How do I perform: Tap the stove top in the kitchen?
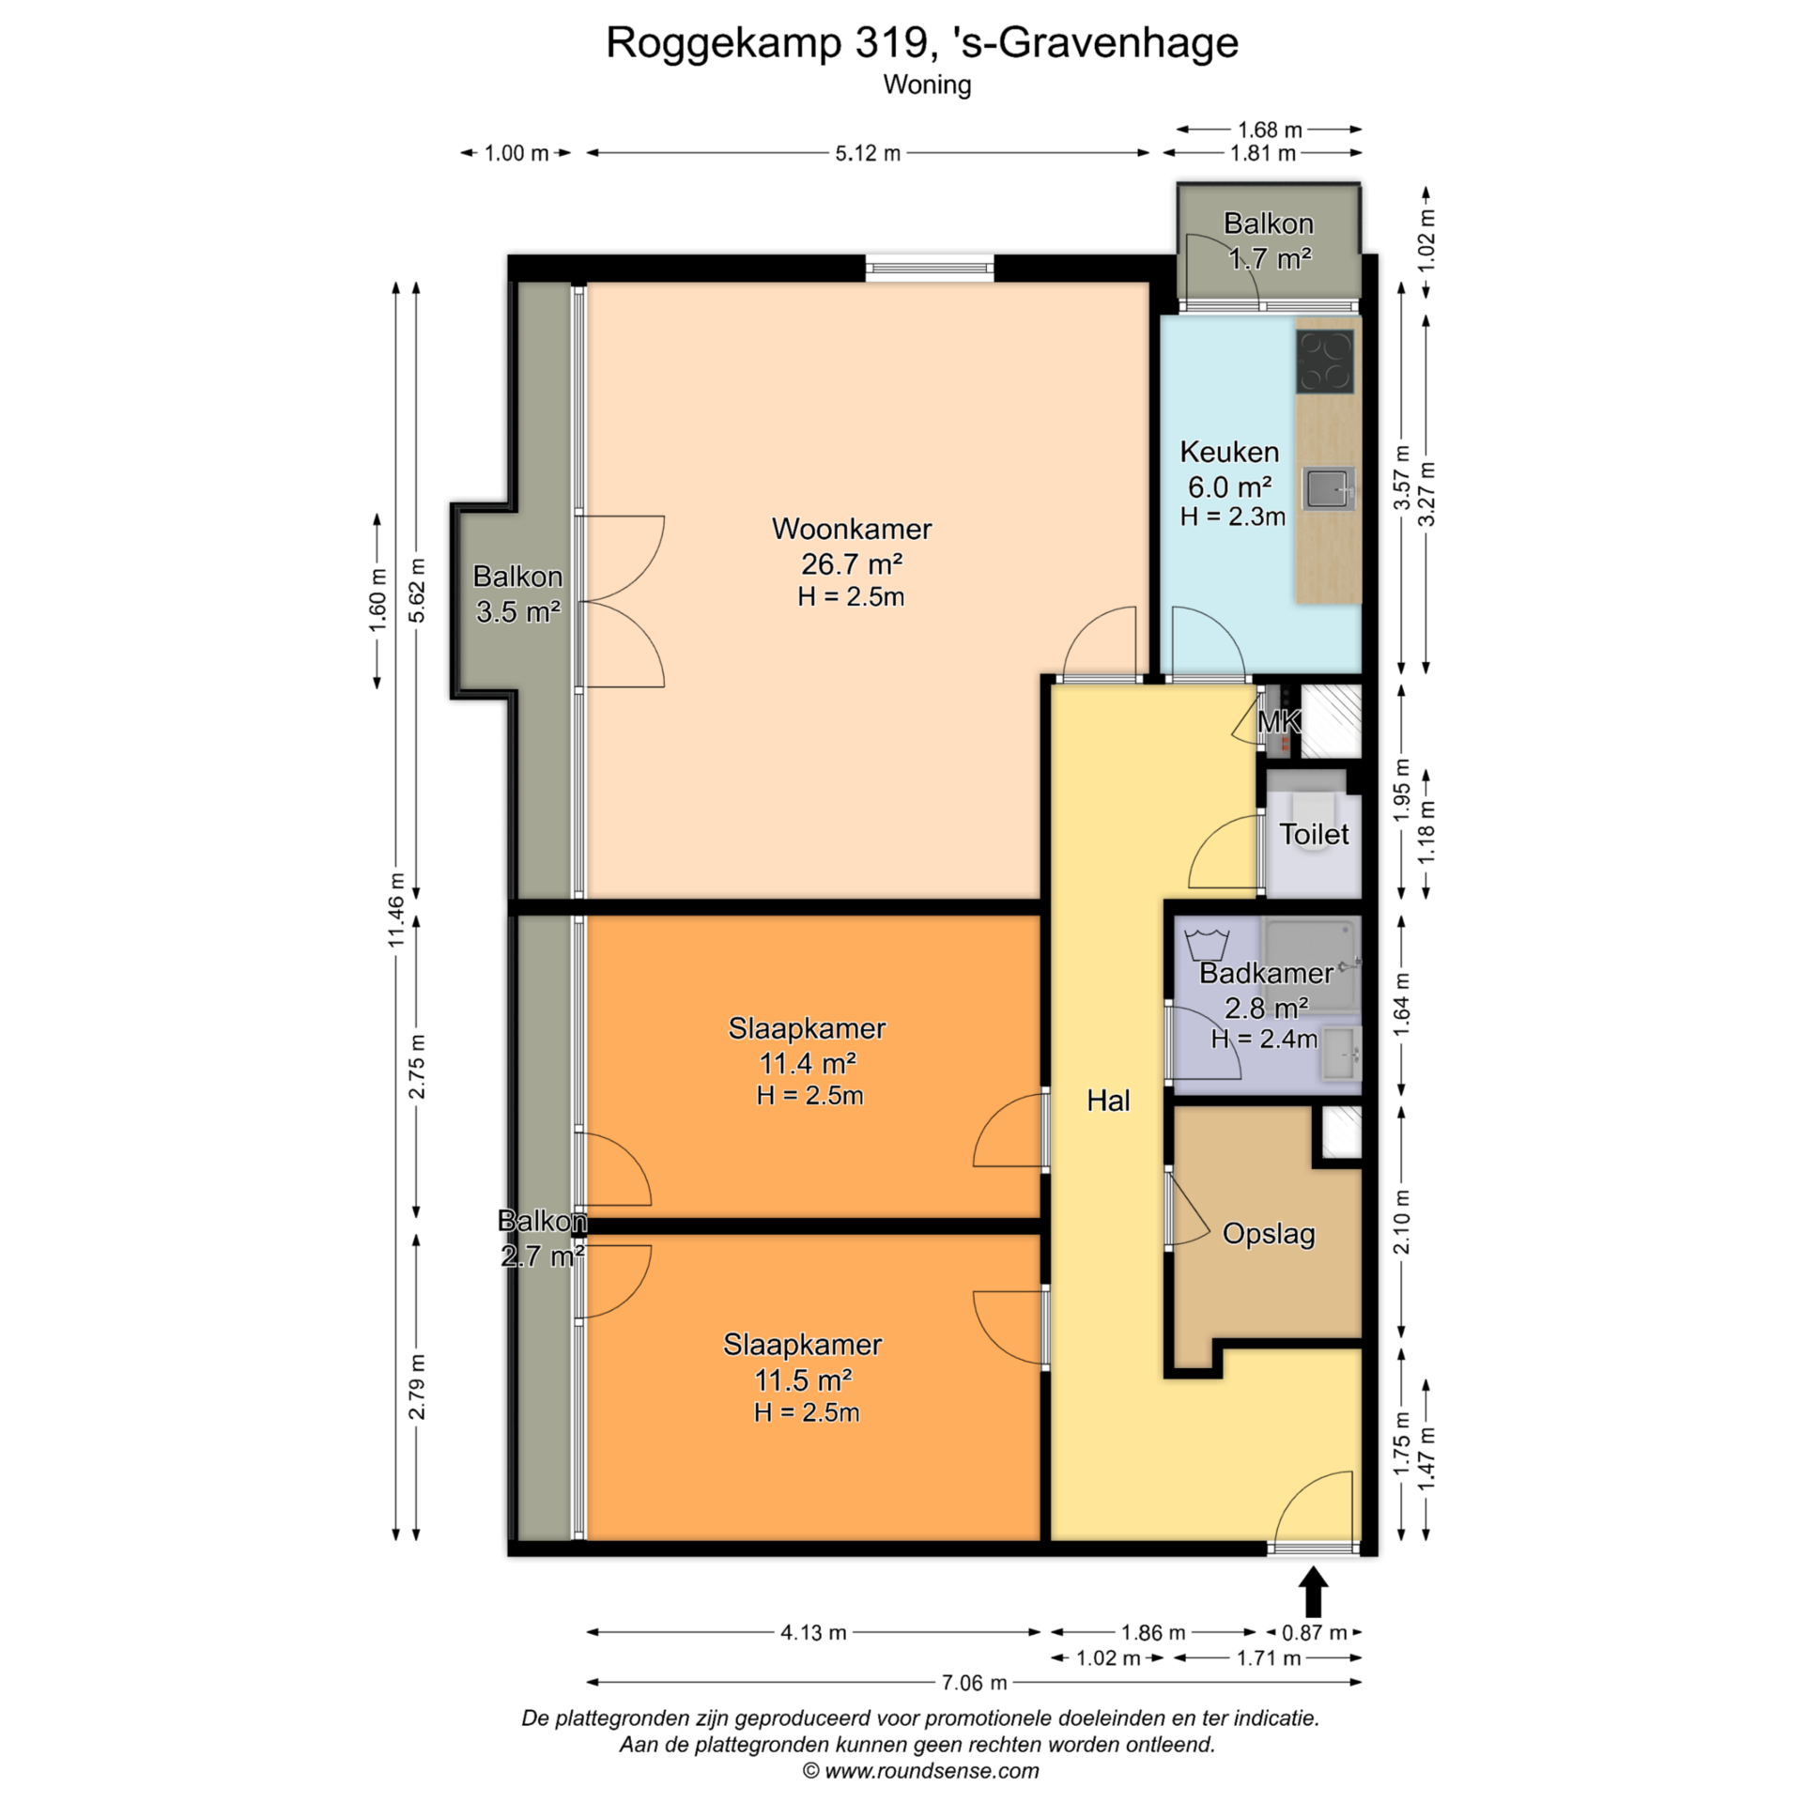pos(1325,361)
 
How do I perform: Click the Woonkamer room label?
pos(852,529)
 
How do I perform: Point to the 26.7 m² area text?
pos(852,563)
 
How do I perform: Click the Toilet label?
pos(1314,834)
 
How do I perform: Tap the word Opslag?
pos(1269,1234)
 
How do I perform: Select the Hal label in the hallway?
pos(1108,1101)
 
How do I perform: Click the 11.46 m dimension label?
pos(395,909)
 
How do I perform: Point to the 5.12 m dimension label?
pos(868,153)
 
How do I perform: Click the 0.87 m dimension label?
pos(1314,1632)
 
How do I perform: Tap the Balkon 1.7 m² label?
pos(1269,240)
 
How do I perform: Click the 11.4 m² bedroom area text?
pos(808,1063)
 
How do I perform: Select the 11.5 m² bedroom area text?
pos(803,1379)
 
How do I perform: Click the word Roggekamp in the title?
pos(722,43)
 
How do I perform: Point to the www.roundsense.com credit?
pos(932,1771)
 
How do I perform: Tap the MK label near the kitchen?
pos(1279,721)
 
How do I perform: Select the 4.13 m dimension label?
pos(813,1632)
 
